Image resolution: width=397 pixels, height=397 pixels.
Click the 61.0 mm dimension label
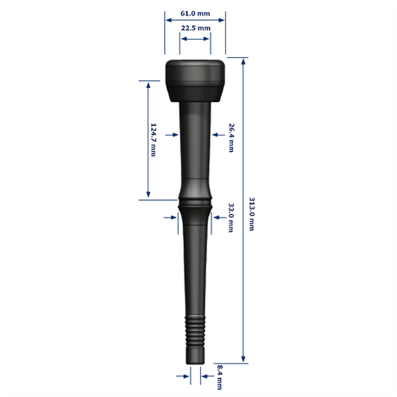point(195,15)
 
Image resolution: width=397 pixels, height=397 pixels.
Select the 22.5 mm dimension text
point(195,28)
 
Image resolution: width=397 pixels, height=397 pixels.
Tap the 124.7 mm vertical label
point(154,139)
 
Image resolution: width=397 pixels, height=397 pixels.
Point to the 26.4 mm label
point(231,138)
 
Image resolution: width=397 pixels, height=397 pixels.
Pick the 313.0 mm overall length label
point(252,213)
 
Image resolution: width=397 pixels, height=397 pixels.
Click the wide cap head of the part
point(195,79)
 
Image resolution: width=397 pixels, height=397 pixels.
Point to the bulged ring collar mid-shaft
point(194,204)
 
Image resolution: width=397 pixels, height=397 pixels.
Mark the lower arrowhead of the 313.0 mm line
point(243,359)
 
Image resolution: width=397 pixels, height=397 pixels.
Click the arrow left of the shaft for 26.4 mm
point(175,134)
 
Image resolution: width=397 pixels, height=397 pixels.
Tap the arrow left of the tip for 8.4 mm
point(186,375)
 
